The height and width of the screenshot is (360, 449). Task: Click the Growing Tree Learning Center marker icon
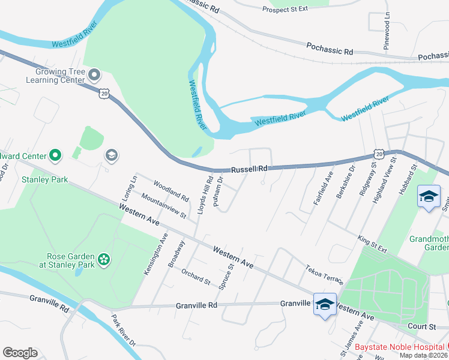click(x=94, y=76)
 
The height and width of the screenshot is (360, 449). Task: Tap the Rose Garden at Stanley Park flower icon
click(x=104, y=259)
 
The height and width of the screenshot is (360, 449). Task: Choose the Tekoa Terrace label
click(x=324, y=275)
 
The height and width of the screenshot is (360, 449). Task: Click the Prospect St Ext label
click(x=285, y=8)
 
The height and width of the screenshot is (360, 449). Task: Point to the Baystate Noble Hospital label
click(x=399, y=347)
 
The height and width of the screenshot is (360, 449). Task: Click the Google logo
click(x=20, y=353)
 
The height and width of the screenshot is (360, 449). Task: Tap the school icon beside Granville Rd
click(x=325, y=305)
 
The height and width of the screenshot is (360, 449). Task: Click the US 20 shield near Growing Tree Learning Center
click(x=105, y=94)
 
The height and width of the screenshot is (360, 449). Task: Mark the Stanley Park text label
click(x=44, y=179)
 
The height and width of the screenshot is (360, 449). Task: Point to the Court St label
click(x=423, y=327)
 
